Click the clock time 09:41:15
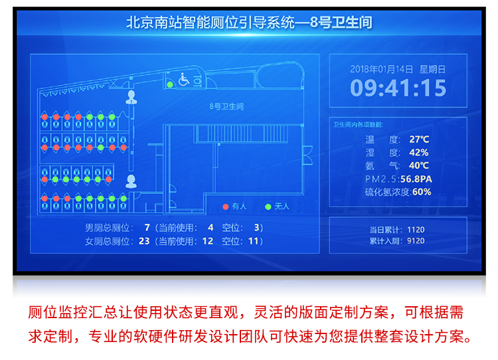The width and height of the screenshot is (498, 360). pyautogui.click(x=398, y=88)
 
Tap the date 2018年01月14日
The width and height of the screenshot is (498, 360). pyautogui.click(x=381, y=69)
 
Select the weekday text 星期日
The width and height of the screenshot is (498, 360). pyautogui.click(x=432, y=69)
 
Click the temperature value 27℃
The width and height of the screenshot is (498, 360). pyautogui.click(x=419, y=139)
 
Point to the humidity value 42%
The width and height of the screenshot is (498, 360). pyautogui.click(x=418, y=152)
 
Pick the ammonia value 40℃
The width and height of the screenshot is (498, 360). pyautogui.click(x=419, y=165)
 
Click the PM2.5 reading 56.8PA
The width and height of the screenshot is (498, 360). pyautogui.click(x=416, y=179)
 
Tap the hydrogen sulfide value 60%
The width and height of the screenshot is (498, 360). pyautogui.click(x=422, y=192)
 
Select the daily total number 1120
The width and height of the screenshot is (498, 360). pyautogui.click(x=416, y=230)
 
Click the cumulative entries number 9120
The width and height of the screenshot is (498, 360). pyautogui.click(x=416, y=240)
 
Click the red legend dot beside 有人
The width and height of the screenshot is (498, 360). pyautogui.click(x=226, y=207)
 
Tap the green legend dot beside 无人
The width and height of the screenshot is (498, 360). pyautogui.click(x=268, y=207)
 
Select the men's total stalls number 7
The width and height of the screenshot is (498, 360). pyautogui.click(x=147, y=227)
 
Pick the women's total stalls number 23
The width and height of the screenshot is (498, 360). pyautogui.click(x=145, y=240)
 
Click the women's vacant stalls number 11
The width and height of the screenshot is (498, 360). pyautogui.click(x=252, y=240)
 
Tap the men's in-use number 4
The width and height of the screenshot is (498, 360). pyautogui.click(x=210, y=227)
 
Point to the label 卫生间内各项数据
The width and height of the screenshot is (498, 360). pyautogui.click(x=358, y=124)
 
